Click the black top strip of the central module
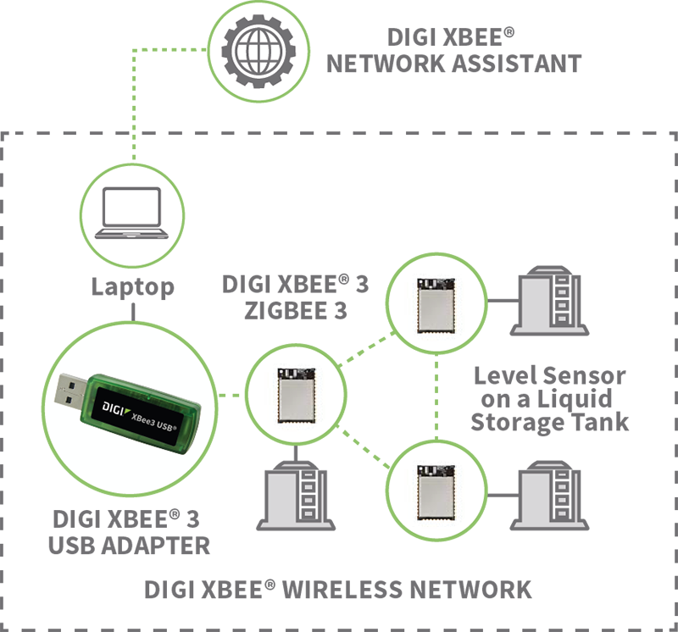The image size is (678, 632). [296, 372]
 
